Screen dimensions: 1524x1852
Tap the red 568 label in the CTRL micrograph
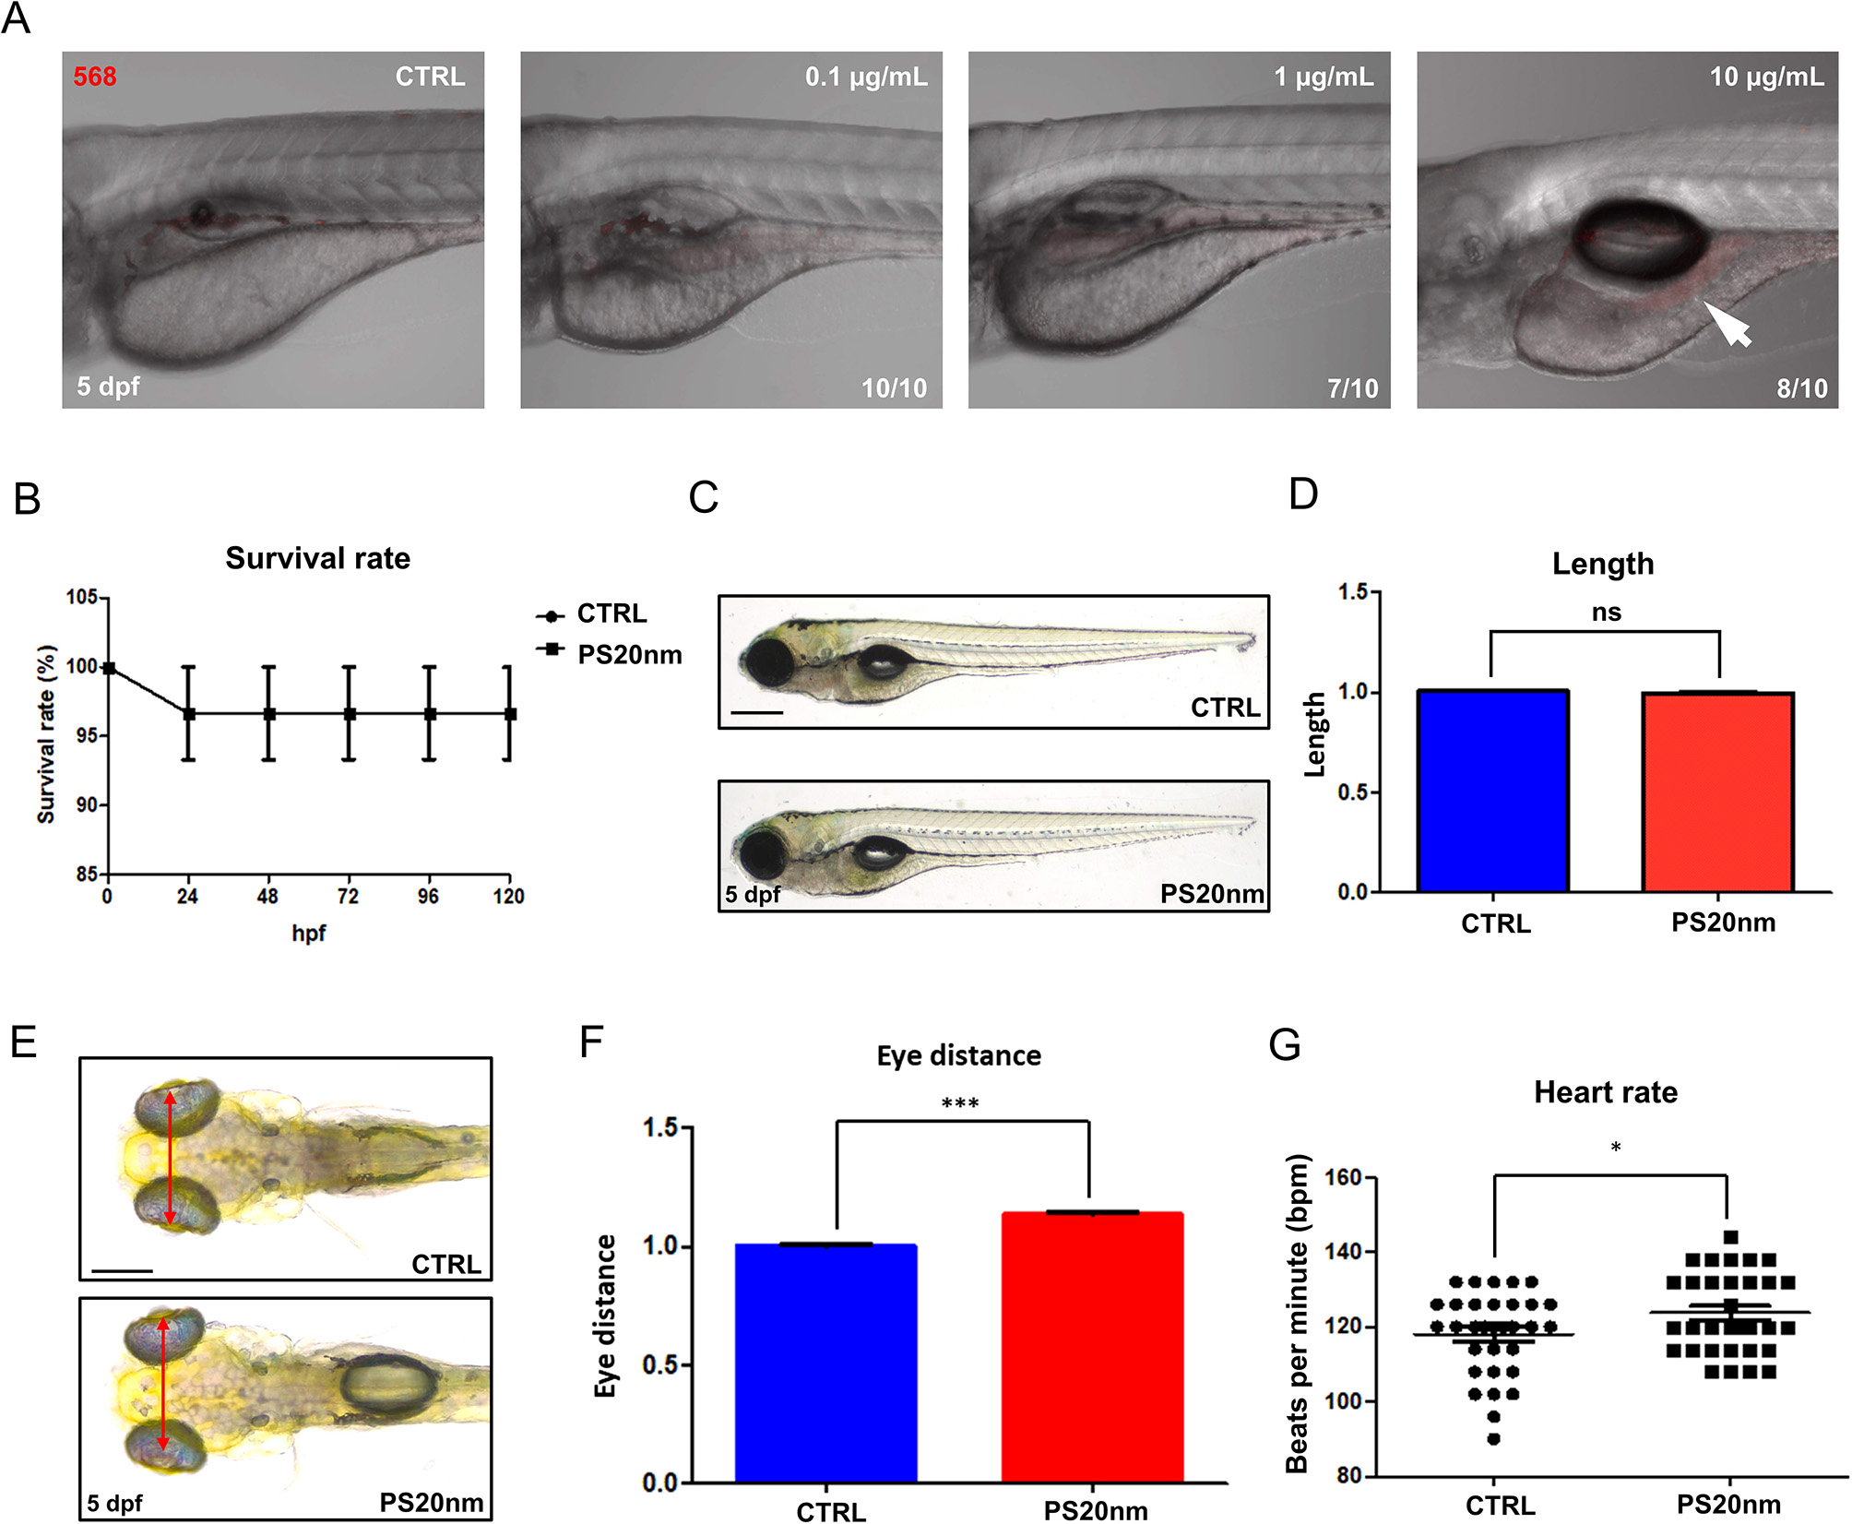[x=95, y=77]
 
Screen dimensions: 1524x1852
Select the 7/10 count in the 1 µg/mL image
[x=1352, y=388]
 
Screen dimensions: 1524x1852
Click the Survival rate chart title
[x=317, y=558]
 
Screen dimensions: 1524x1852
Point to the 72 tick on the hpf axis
[x=348, y=896]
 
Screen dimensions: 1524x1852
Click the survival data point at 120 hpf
[x=509, y=714]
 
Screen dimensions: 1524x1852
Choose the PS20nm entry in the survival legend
[x=629, y=655]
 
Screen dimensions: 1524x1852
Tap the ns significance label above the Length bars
[x=1606, y=613]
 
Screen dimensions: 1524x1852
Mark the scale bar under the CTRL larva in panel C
[x=757, y=712]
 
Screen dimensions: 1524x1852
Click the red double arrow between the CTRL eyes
[x=169, y=1158]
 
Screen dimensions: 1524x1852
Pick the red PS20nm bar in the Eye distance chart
[x=1092, y=1347]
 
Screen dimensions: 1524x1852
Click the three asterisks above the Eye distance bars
[x=960, y=1103]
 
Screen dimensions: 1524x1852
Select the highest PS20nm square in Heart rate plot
[x=1730, y=1237]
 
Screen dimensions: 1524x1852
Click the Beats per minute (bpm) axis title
[x=1298, y=1315]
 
